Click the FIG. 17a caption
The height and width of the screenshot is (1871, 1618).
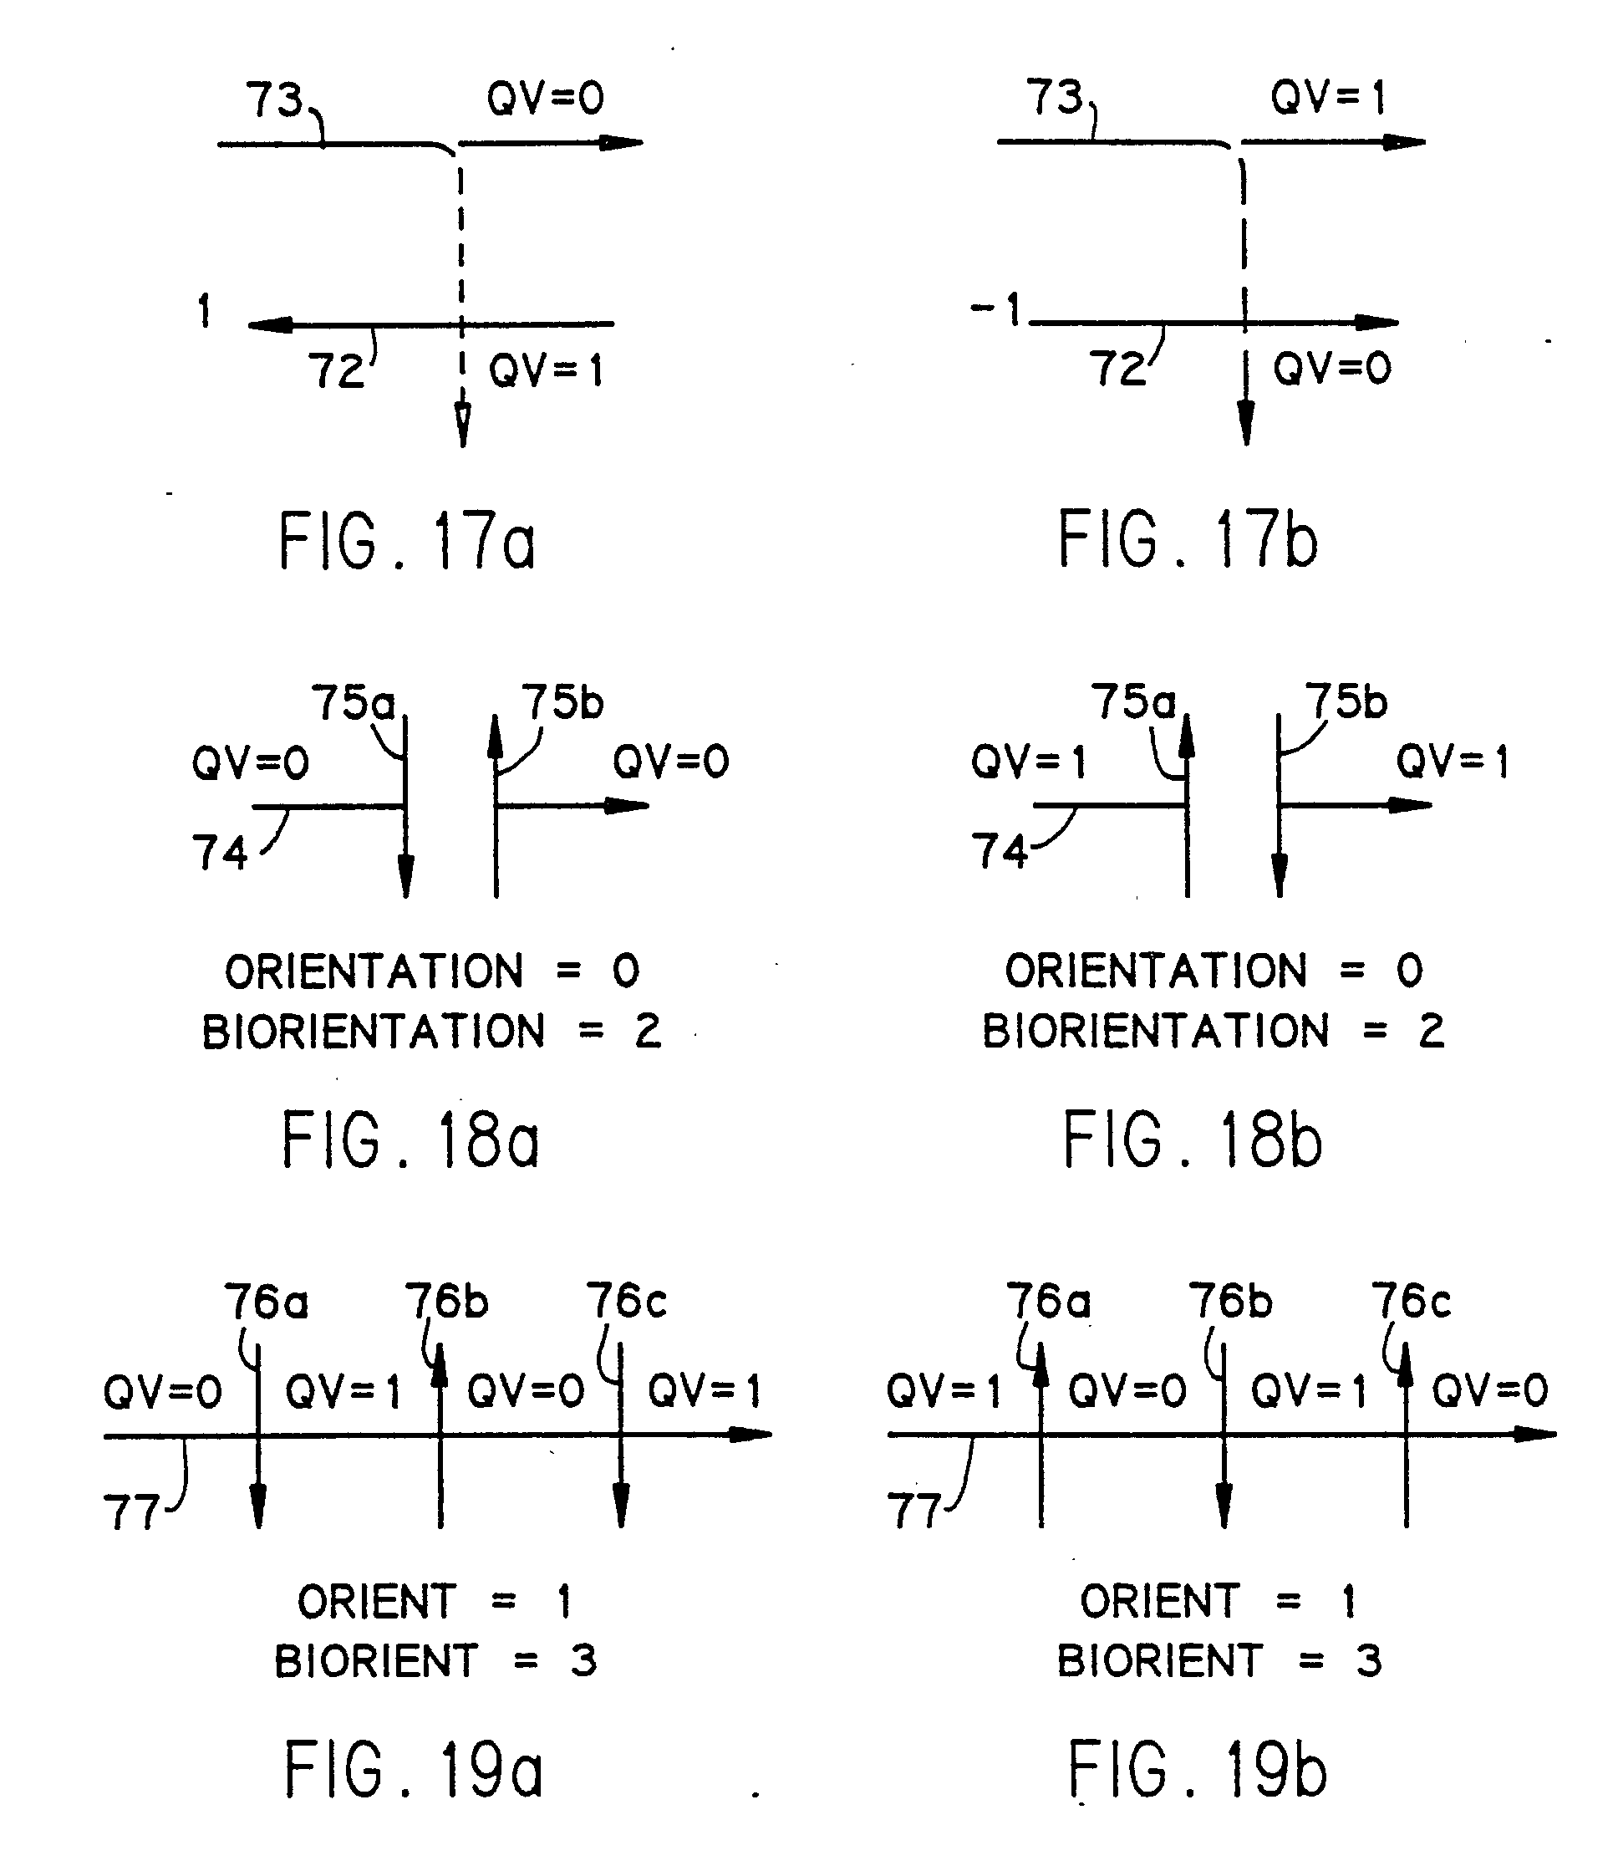[x=407, y=541]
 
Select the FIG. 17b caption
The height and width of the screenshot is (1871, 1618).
[x=1188, y=540]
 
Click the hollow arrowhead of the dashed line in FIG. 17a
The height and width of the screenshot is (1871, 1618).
[x=462, y=425]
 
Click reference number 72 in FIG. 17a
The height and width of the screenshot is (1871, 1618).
[x=336, y=371]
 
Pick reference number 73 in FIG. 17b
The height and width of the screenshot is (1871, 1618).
[x=1054, y=97]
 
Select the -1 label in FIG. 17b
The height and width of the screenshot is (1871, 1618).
[x=996, y=309]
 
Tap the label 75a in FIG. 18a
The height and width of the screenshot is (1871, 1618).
[x=354, y=702]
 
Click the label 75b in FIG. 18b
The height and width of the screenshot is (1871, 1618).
[x=1346, y=702]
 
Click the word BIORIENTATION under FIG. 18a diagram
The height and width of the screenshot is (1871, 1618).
[x=374, y=1031]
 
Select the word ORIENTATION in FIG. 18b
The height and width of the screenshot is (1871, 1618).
[x=1156, y=971]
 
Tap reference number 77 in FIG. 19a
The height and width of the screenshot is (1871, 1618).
[x=132, y=1512]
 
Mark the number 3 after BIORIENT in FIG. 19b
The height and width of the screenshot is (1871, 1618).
[x=1369, y=1660]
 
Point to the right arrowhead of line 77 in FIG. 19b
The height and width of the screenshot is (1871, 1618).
[x=1536, y=1434]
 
